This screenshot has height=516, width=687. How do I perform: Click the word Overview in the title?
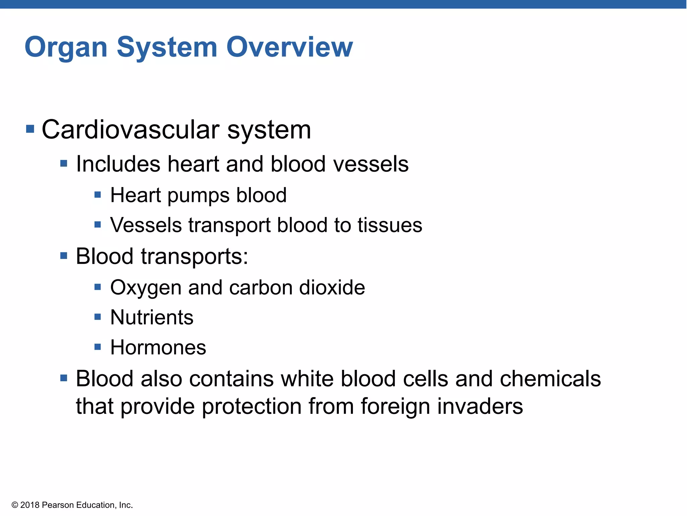(x=289, y=47)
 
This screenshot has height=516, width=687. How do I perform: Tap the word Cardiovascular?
(x=130, y=130)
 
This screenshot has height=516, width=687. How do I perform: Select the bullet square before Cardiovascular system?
(x=30, y=129)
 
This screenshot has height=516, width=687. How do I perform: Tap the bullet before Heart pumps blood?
(x=98, y=195)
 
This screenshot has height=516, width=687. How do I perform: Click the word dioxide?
(x=332, y=288)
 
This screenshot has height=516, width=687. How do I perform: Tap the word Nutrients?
(x=152, y=317)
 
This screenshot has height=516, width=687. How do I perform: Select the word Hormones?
(x=158, y=347)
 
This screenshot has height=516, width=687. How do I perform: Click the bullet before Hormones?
(x=98, y=347)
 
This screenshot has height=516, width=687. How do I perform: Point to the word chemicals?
(x=550, y=379)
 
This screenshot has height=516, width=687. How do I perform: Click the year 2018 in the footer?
(x=30, y=505)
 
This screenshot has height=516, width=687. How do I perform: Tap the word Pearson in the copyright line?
(x=58, y=505)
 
